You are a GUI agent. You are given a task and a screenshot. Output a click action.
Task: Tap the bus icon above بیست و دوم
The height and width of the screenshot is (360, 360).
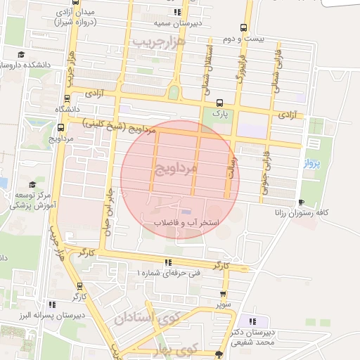coord(243,28)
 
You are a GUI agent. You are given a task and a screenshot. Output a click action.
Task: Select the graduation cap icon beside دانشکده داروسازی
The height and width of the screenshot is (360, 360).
coord(22,54)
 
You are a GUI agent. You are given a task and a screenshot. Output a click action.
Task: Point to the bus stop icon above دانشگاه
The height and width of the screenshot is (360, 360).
coord(67,98)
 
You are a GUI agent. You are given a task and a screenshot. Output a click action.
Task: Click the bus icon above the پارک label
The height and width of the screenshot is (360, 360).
coord(219,102)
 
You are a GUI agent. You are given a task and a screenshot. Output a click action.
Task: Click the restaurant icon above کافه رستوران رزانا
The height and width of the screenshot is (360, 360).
coord(301,202)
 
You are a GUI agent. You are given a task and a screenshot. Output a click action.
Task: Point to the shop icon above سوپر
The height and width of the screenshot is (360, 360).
coord(223,295)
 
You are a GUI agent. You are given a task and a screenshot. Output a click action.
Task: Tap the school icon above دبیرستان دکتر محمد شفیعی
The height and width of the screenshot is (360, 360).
coord(252,321)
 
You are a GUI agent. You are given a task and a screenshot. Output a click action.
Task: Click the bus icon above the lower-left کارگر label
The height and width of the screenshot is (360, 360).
coord(79,286)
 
